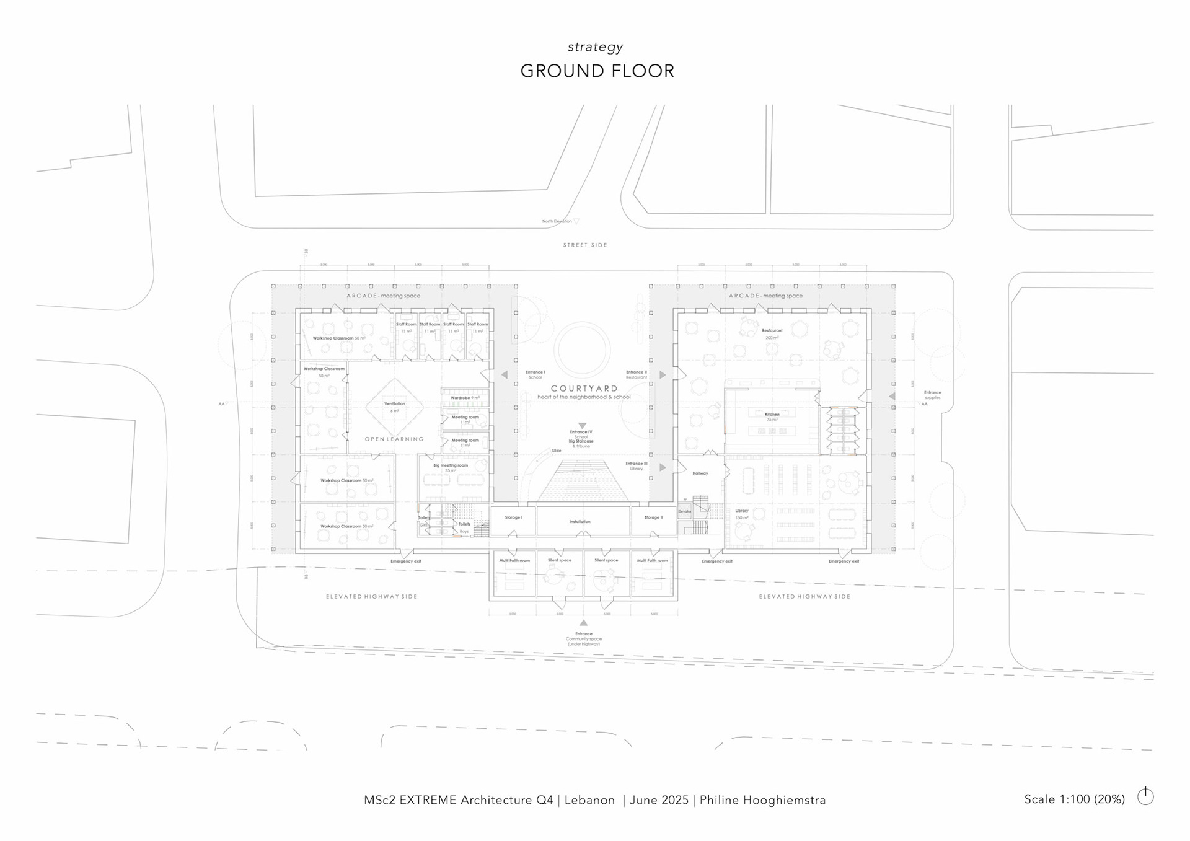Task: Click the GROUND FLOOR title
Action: tap(597, 71)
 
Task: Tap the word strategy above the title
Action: tap(595, 47)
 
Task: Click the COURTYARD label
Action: tap(584, 389)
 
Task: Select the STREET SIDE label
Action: tap(585, 245)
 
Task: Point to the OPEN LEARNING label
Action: tap(394, 439)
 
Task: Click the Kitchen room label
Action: tap(772, 415)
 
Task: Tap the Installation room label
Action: tap(580, 522)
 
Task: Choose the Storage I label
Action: tap(513, 517)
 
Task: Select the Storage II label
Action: tap(653, 517)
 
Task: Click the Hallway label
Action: tap(700, 473)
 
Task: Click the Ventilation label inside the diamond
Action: tap(395, 404)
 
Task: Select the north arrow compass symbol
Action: tap(1145, 796)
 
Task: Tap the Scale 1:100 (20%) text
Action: tap(1074, 799)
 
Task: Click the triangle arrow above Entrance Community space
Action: tap(583, 623)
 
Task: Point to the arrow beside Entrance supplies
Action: tap(892, 396)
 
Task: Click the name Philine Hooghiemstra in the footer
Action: tap(762, 800)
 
